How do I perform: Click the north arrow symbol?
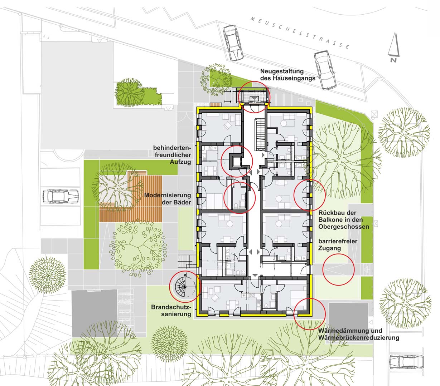(394, 48)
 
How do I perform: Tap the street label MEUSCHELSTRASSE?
(300, 33)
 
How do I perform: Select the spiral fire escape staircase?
(184, 287)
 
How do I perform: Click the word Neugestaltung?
(282, 71)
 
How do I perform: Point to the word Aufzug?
(180, 162)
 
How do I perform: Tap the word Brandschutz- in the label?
(171, 307)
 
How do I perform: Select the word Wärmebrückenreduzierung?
(359, 338)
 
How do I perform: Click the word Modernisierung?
(168, 195)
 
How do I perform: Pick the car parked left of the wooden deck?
(61, 196)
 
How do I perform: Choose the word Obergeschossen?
(344, 227)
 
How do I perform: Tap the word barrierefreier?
(338, 241)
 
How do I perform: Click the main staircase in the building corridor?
(260, 134)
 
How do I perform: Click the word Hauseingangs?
(288, 78)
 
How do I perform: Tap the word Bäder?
(182, 202)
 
